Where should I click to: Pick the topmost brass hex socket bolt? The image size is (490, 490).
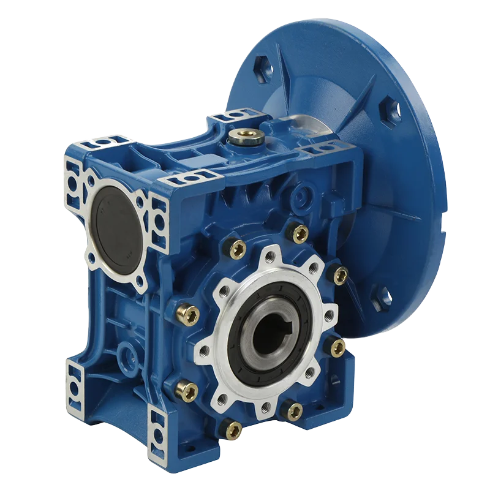[x=300, y=233]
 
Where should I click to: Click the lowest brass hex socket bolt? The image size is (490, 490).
[x=233, y=431]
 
